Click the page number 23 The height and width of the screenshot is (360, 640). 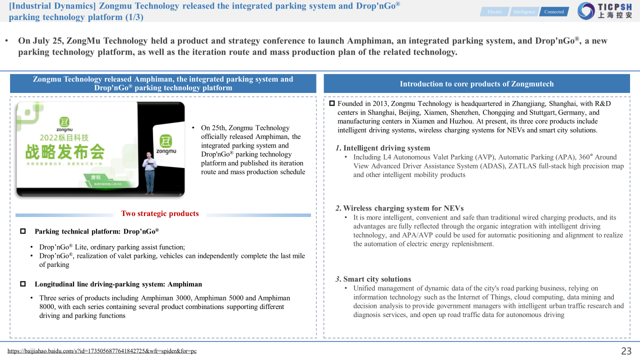626,351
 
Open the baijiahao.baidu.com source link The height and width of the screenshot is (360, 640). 102,351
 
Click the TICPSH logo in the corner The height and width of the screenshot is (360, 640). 604,11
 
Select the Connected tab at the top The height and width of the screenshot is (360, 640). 553,12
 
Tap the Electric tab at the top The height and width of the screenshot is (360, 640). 494,12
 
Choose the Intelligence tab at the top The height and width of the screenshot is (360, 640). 524,12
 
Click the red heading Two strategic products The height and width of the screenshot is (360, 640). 160,213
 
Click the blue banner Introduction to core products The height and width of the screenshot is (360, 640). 476,84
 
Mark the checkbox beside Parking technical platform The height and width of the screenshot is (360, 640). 23,231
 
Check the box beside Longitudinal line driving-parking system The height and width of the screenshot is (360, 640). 23,284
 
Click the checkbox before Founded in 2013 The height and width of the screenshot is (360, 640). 332,103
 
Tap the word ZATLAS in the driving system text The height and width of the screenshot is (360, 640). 523,166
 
